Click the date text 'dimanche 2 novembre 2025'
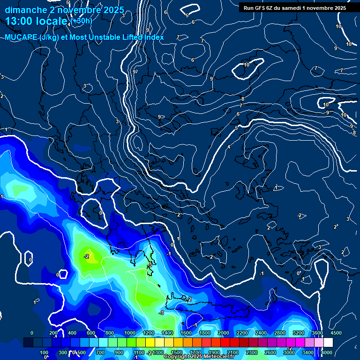click(x=64, y=10)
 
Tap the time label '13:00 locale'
click(x=36, y=21)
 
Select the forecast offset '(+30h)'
click(x=82, y=21)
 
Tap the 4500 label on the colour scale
click(x=336, y=333)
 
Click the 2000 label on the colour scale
click(x=224, y=333)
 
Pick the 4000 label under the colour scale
click(x=327, y=352)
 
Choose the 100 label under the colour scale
click(x=44, y=352)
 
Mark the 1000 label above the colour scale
click(x=130, y=333)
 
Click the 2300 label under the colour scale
click(x=252, y=352)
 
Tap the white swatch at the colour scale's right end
click(x=328, y=343)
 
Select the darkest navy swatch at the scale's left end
click(x=28, y=343)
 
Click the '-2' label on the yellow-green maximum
click(x=87, y=257)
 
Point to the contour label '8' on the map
click(x=243, y=99)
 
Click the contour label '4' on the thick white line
click(x=229, y=147)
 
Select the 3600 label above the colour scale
click(x=317, y=333)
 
